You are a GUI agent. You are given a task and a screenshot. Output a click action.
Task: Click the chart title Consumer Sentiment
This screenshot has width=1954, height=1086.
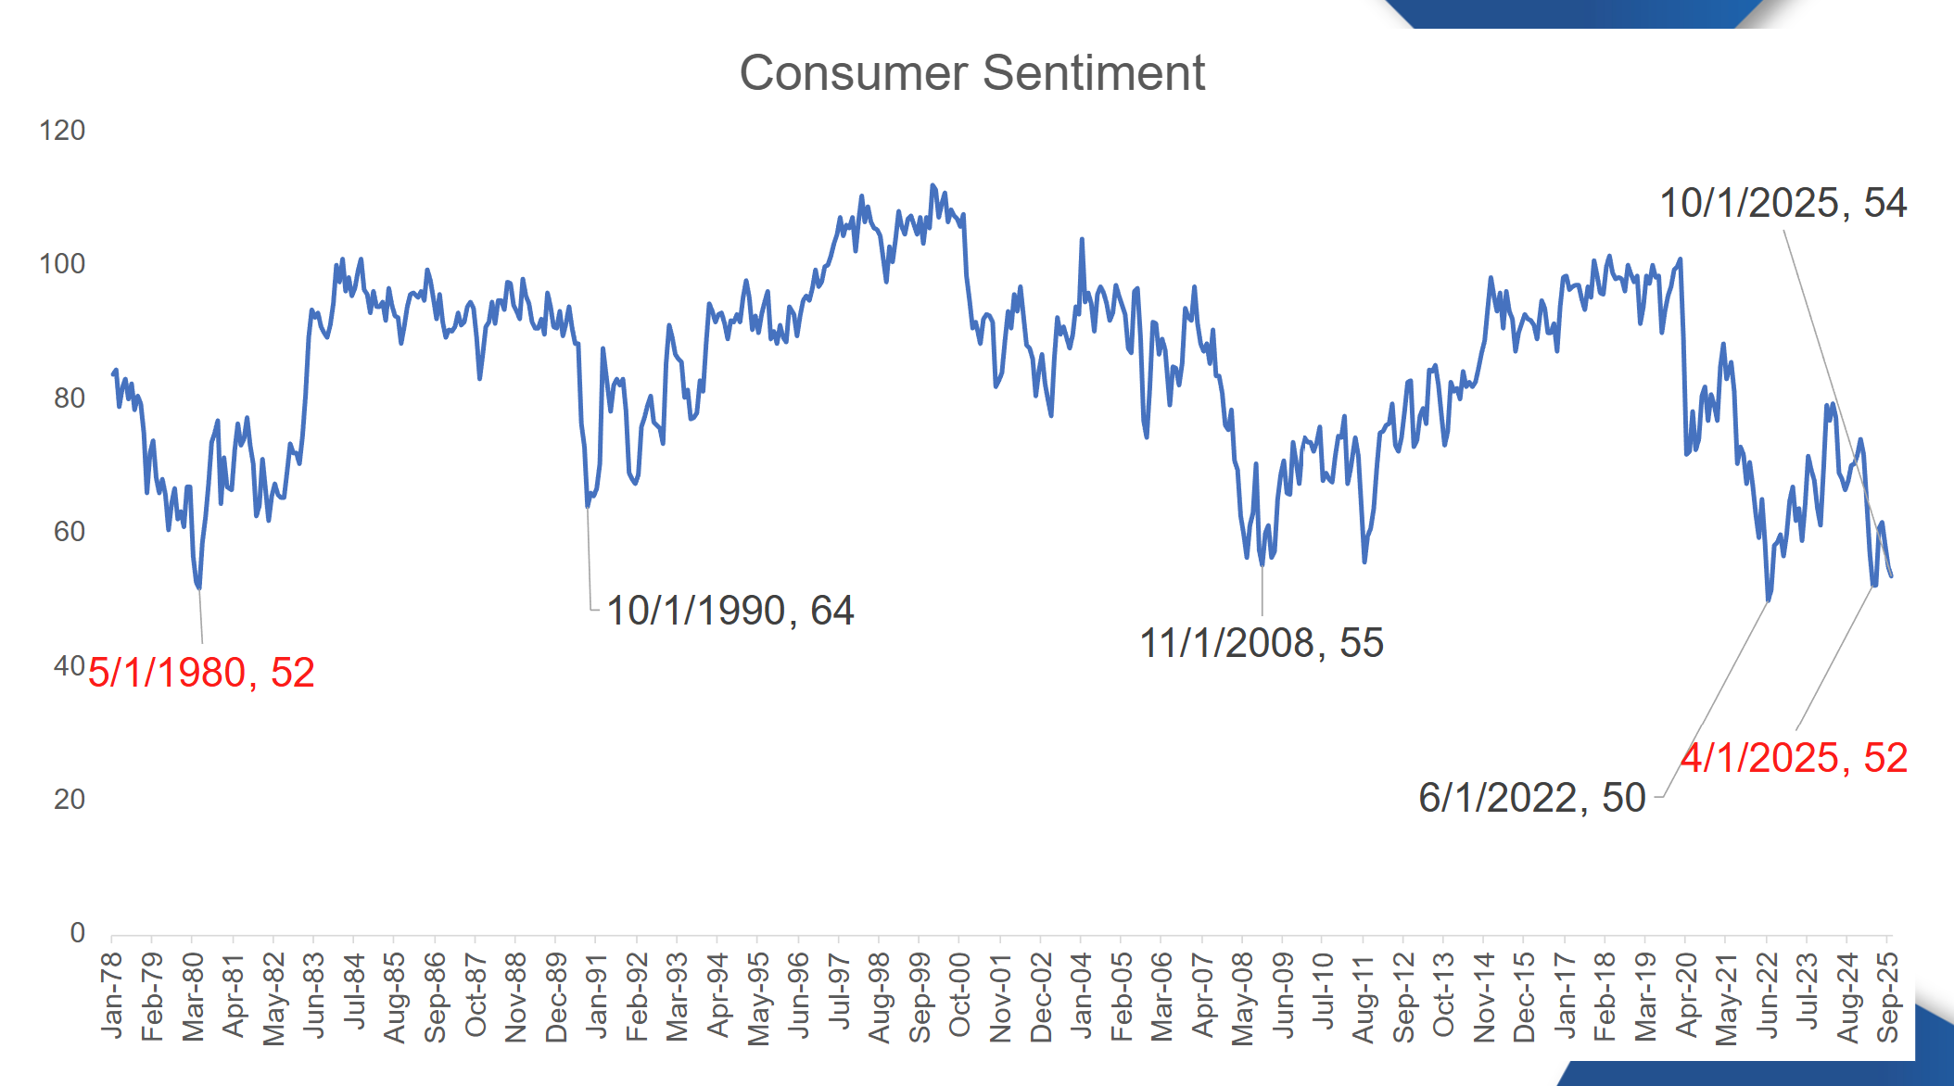(x=971, y=72)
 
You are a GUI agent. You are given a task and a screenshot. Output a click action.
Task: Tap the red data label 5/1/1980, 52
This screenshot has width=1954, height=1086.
(x=201, y=673)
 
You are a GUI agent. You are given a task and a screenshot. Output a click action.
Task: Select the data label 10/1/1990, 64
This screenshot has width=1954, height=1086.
(x=730, y=611)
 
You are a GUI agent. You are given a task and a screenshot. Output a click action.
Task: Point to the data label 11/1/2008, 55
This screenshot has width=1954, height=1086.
(x=1261, y=643)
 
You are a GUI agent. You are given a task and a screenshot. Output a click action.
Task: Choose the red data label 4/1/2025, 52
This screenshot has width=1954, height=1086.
(x=1794, y=758)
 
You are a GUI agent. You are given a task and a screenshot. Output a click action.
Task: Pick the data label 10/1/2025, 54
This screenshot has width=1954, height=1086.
(x=1782, y=203)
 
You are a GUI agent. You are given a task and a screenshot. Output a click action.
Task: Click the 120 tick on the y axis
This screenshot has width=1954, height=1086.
(x=62, y=131)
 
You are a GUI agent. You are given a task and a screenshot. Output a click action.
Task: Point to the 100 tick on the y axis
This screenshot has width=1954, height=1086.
(x=62, y=264)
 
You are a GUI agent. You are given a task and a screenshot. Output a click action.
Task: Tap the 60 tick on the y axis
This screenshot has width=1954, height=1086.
(x=69, y=532)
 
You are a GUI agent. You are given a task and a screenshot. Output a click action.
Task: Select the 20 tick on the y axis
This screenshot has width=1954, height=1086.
(x=69, y=800)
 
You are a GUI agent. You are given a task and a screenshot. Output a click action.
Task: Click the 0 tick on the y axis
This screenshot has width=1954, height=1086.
(x=77, y=933)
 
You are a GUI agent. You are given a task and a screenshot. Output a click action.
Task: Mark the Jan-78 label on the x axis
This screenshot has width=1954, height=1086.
(x=112, y=995)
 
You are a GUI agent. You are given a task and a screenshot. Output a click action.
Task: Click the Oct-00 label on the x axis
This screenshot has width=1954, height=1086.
(x=959, y=995)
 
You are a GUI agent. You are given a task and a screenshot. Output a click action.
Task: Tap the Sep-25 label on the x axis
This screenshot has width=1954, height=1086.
(x=1888, y=997)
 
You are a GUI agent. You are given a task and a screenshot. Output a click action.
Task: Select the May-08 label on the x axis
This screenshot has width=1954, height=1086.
(x=1242, y=997)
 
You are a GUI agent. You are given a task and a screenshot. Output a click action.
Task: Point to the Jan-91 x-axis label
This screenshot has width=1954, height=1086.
(x=596, y=995)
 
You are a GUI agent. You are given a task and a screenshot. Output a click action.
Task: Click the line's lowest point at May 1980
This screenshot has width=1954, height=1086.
(x=199, y=587)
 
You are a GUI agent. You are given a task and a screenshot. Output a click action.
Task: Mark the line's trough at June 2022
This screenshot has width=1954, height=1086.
(x=1769, y=600)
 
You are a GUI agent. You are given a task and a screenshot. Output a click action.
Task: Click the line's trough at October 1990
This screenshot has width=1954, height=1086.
(x=588, y=506)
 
